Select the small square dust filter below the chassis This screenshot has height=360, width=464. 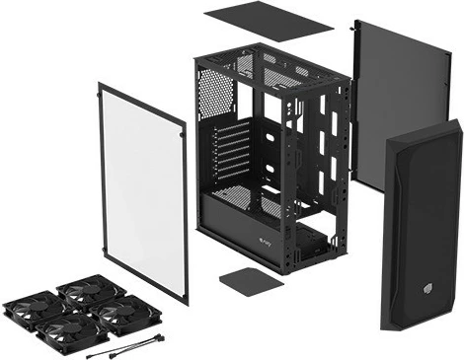coord(246,278)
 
